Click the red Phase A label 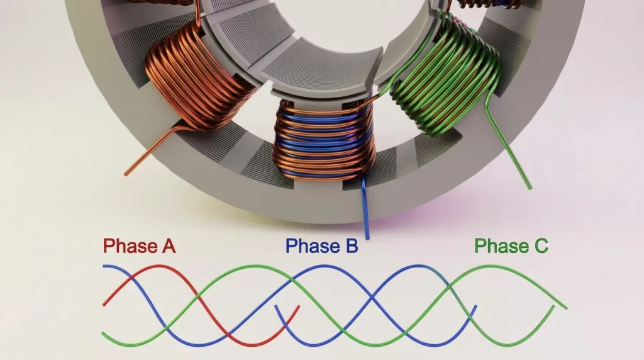[139, 245]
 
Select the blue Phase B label [321, 245]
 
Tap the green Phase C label [511, 245]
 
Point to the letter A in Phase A [169, 245]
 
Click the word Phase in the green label [501, 245]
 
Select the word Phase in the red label [130, 245]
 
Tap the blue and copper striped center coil [325, 140]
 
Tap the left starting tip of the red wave [104, 305]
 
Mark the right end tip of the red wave [299, 307]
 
